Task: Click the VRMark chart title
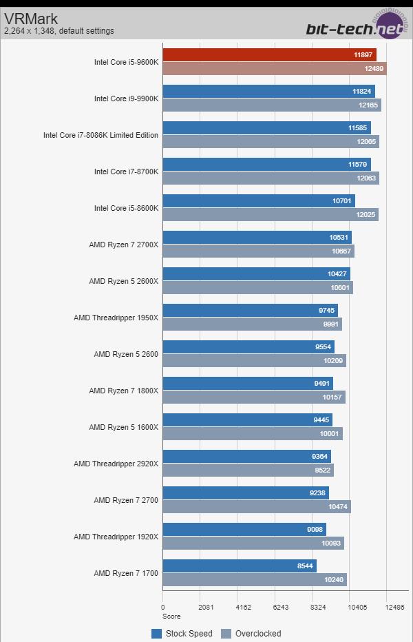tap(31, 19)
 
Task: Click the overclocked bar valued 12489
tap(274, 68)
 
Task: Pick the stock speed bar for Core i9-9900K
tap(268, 92)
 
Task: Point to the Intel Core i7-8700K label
tap(126, 172)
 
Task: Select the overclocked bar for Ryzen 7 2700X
tap(258, 251)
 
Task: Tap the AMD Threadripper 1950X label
tap(116, 318)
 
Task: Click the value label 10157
tap(331, 397)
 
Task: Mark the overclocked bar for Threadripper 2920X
tap(248, 470)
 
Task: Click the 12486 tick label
tap(394, 608)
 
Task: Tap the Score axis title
tap(171, 617)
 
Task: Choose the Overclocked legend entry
tap(251, 634)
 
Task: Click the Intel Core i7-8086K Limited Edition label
tap(100, 135)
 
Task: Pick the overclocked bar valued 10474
tap(256, 506)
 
